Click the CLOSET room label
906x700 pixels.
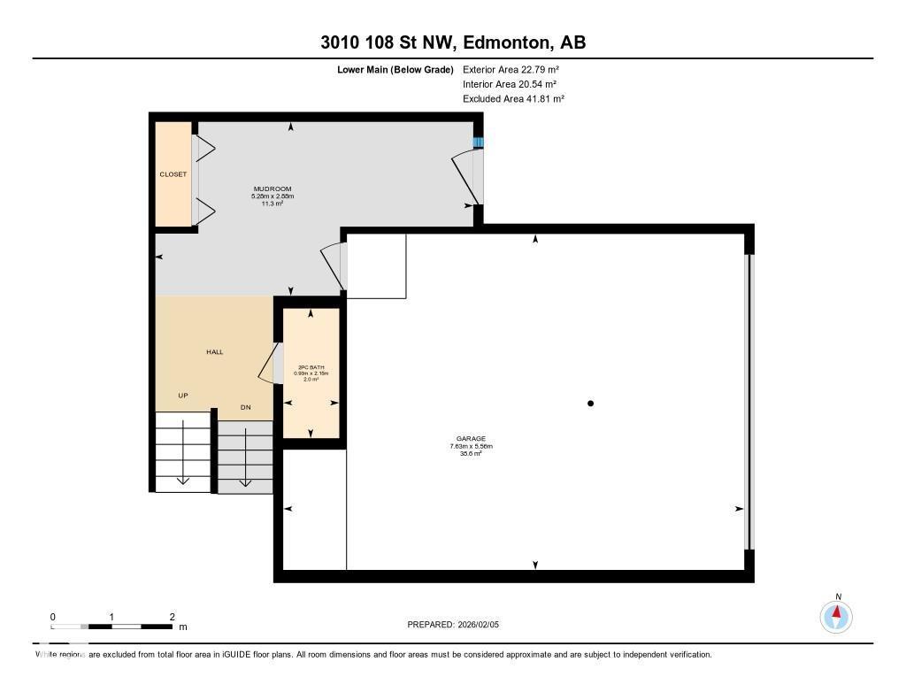click(173, 174)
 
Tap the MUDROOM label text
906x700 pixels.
click(272, 189)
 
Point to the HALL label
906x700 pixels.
click(214, 352)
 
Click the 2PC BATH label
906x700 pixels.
click(311, 366)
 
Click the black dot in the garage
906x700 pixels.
click(590, 404)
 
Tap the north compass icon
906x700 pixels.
click(836, 616)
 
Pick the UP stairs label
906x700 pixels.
click(183, 396)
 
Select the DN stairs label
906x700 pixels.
click(246, 408)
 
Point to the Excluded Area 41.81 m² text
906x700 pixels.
click(513, 99)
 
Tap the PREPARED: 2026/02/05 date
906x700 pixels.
click(453, 625)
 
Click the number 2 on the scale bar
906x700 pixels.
click(172, 617)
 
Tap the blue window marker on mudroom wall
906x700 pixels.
click(478, 142)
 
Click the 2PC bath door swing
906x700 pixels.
click(265, 365)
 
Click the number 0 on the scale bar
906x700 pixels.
click(53, 617)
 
